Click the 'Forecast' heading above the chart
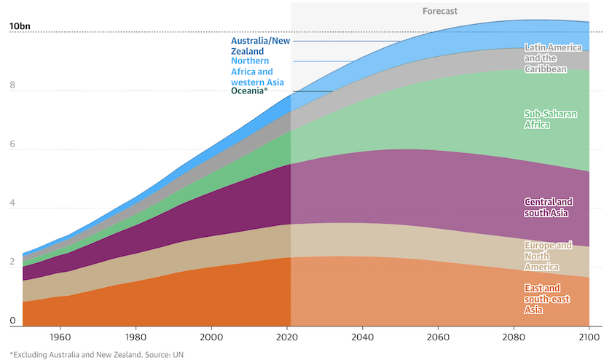coord(440,11)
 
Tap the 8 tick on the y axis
coord(12,85)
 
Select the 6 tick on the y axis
coord(12,144)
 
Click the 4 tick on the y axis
coord(12,203)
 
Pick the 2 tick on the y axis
coord(12,262)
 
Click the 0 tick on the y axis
coord(12,321)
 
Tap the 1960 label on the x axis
coord(60,338)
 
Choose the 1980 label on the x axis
coord(136,338)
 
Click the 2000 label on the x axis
coord(211,338)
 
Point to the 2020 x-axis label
coord(286,338)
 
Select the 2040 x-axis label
coord(362,338)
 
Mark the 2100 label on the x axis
coord(588,338)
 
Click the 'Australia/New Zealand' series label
coord(260,46)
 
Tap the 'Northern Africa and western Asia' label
coord(257,72)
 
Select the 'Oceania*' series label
coord(249,91)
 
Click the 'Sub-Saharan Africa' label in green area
coord(547,119)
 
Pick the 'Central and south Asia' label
coord(549,207)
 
